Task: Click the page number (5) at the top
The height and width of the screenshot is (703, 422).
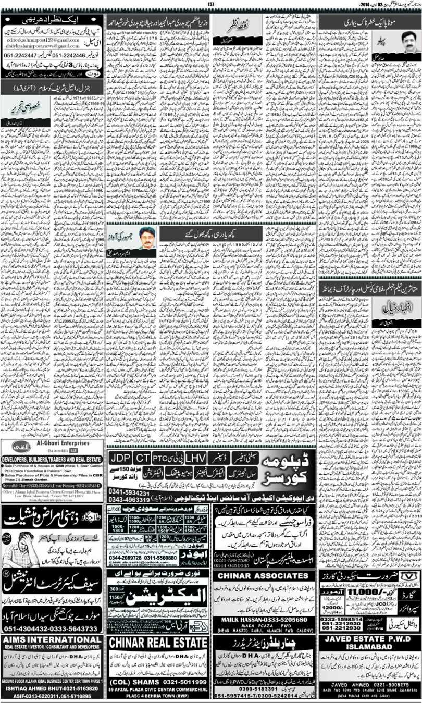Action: pyautogui.click(x=211, y=5)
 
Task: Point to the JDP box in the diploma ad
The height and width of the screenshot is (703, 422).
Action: pyautogui.click(x=121, y=458)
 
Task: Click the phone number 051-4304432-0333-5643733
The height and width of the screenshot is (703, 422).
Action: pyautogui.click(x=53, y=629)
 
